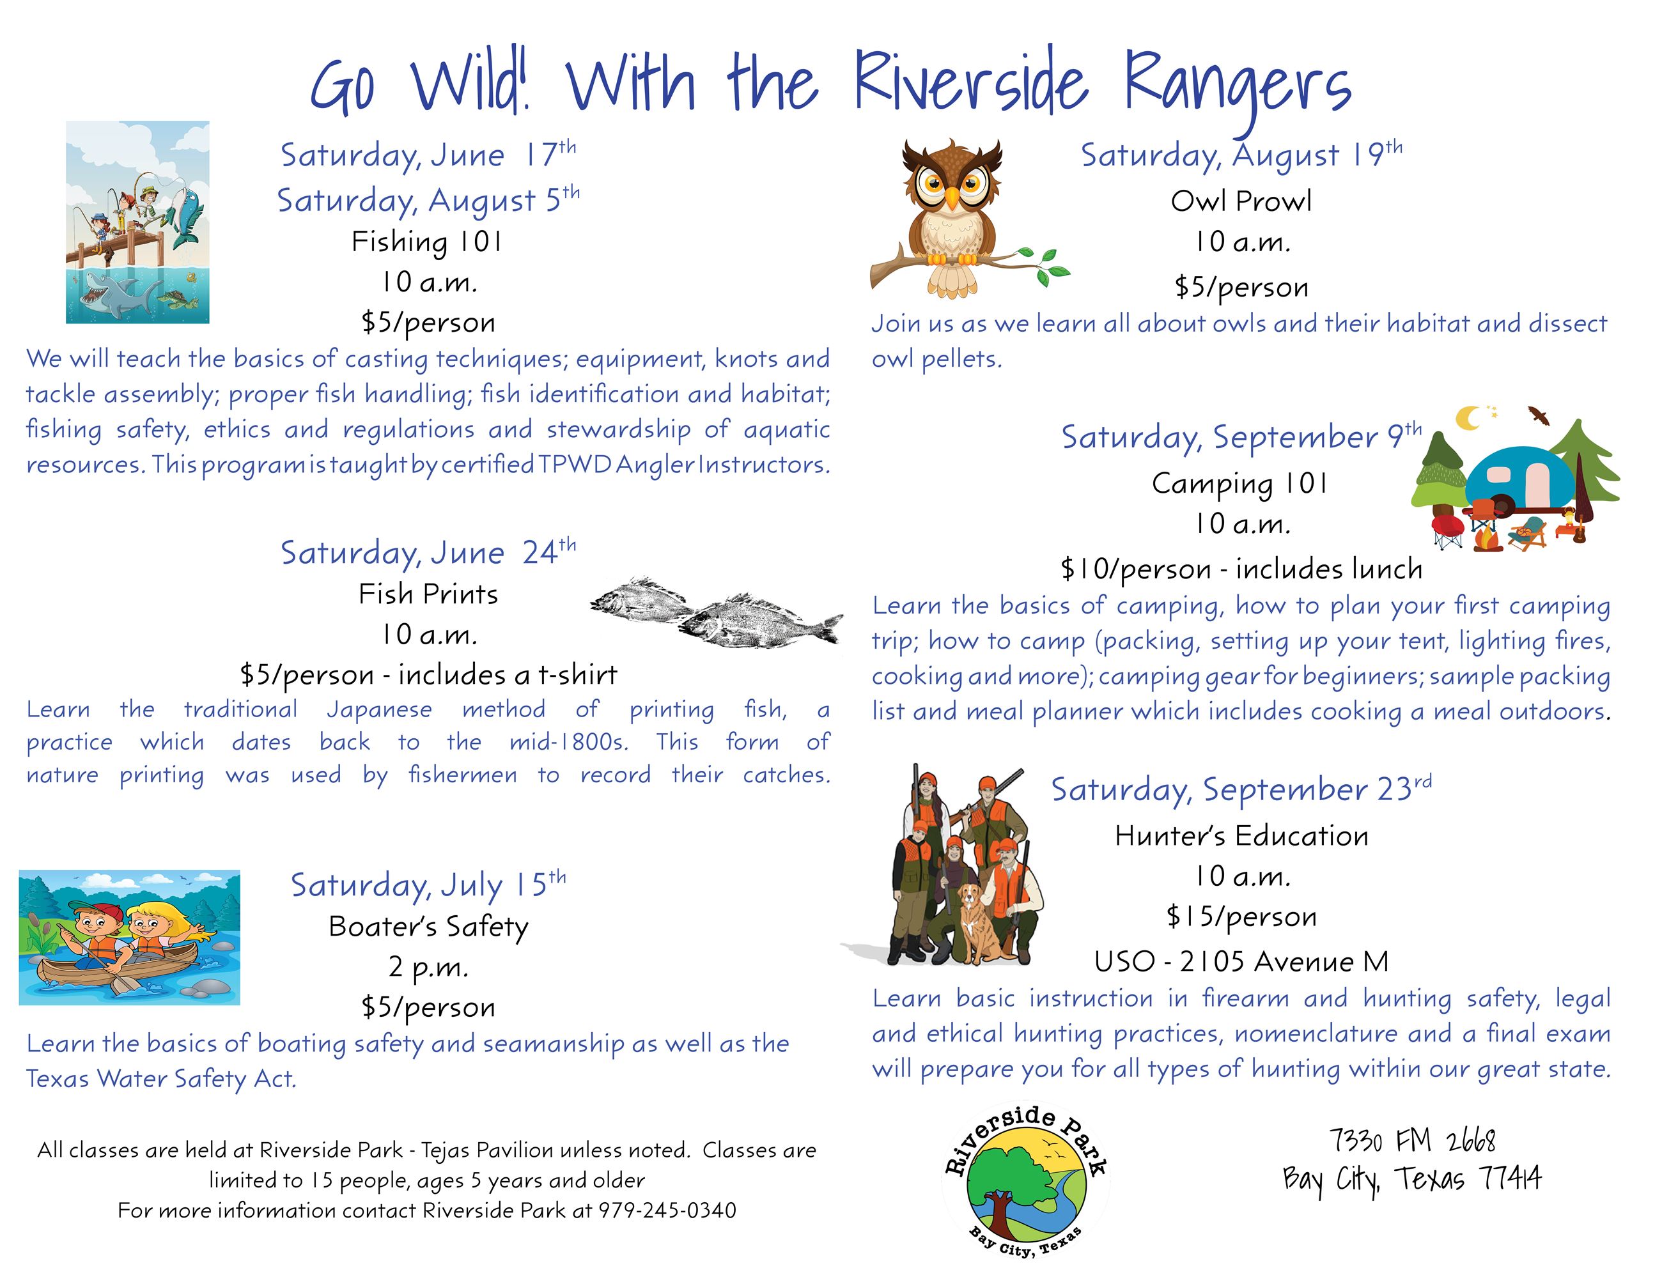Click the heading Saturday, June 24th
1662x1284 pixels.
[428, 552]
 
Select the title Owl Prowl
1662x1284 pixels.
[1241, 201]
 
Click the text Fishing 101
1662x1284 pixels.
[427, 242]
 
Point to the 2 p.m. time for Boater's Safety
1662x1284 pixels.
[428, 967]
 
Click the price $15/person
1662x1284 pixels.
[1241, 917]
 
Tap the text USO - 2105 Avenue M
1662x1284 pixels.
[1241, 961]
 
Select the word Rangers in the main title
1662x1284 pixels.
[1237, 85]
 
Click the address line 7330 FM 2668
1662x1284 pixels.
[1411, 1141]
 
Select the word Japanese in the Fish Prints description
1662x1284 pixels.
[379, 709]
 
